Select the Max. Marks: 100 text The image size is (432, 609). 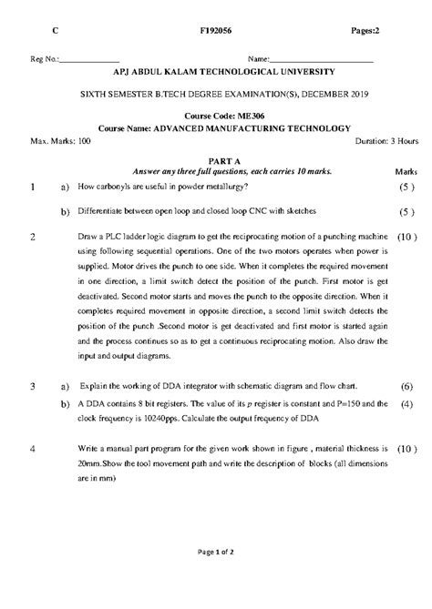point(60,141)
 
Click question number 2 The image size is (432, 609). point(32,236)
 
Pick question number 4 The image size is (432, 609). point(32,449)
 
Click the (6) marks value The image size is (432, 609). point(406,386)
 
